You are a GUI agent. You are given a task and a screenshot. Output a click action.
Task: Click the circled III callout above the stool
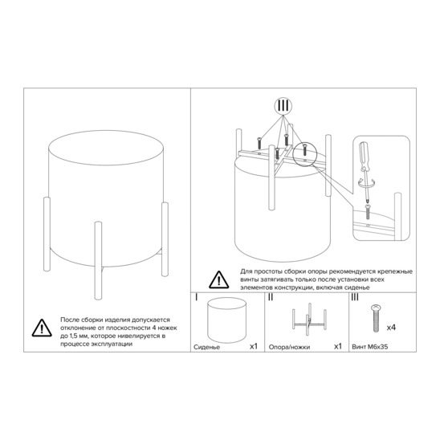coord(283,106)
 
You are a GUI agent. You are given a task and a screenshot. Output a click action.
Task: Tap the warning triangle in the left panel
coord(42,328)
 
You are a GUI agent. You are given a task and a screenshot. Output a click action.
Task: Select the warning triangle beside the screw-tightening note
coord(219,279)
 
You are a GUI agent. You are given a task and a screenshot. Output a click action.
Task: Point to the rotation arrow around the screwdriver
coord(365,183)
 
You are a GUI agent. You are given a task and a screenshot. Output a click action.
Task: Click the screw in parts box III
coord(376,318)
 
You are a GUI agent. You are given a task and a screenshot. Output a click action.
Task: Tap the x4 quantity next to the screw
coord(391,328)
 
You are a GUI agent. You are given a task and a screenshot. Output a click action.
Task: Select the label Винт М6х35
coord(370,347)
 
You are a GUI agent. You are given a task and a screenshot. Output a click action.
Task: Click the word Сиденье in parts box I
coord(207,347)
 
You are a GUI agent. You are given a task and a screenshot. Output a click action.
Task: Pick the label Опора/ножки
coord(289,347)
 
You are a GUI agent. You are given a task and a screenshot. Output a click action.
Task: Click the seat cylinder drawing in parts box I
coord(226,320)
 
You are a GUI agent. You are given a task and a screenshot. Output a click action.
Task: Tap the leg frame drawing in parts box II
coord(309,319)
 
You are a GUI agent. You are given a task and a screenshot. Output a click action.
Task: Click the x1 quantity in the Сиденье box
coord(254,347)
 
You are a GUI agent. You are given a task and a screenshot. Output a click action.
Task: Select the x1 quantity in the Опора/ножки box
coord(338,347)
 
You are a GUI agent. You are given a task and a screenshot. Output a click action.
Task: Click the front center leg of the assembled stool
coord(98,260)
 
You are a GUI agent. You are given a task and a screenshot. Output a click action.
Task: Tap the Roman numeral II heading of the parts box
coord(271,297)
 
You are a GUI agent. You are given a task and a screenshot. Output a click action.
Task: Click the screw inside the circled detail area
coord(304,149)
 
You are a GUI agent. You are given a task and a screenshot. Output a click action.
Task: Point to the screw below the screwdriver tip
coord(368,212)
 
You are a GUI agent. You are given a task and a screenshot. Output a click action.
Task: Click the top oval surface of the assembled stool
coord(106,148)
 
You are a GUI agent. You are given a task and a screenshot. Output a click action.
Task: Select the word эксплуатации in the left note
coord(112,344)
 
